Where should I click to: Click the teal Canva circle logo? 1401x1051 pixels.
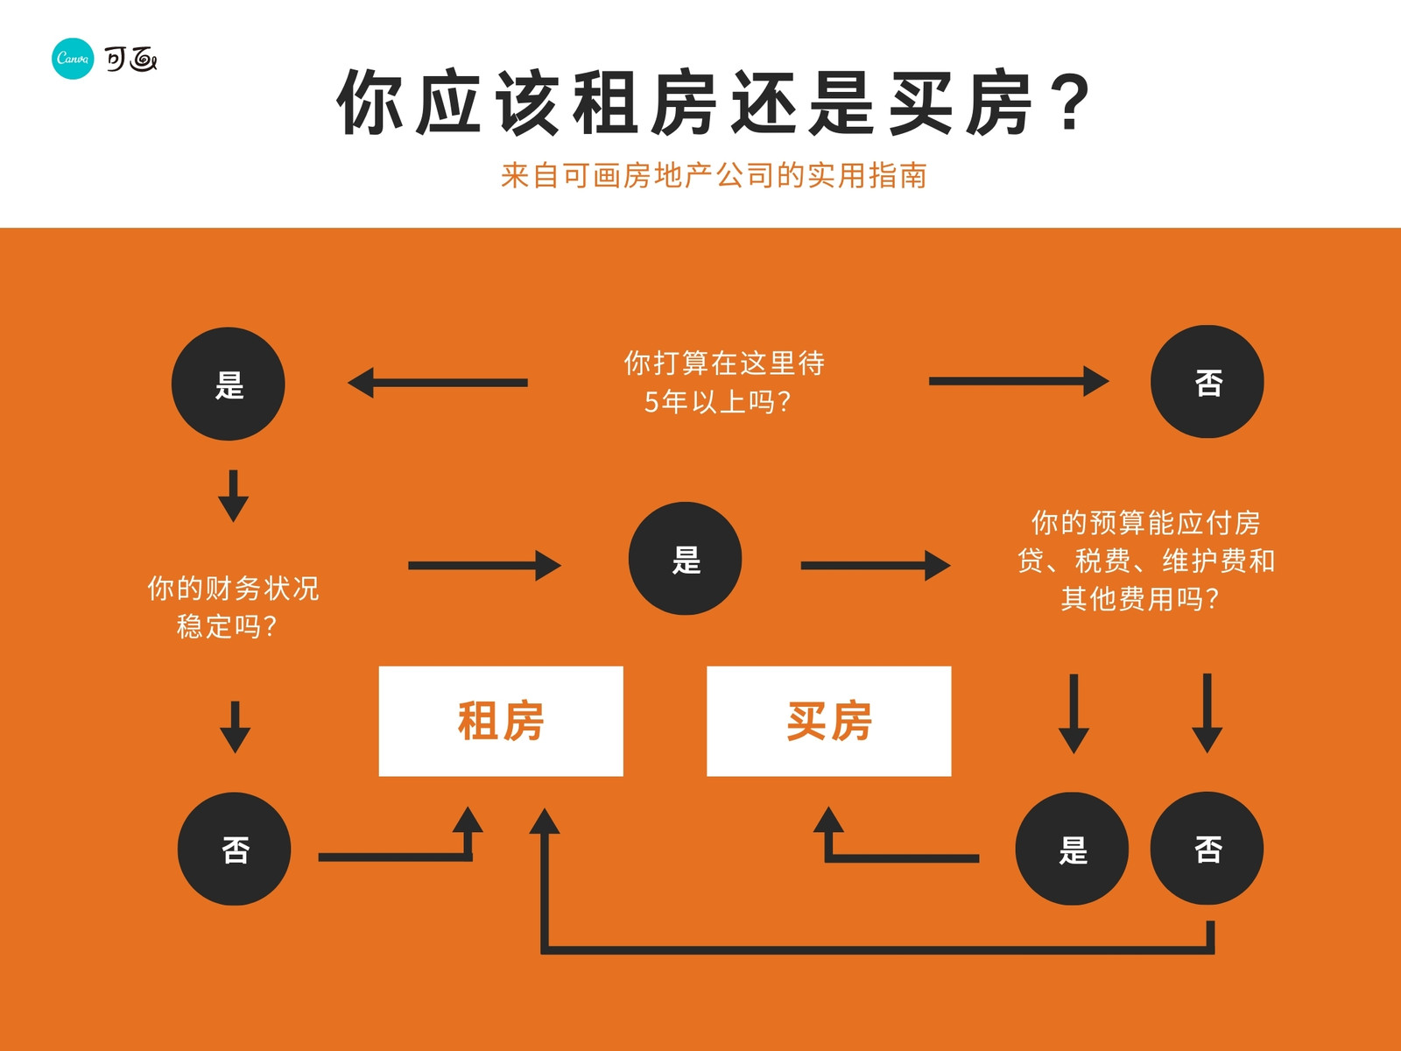(x=73, y=59)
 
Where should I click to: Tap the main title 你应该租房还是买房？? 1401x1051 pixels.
(x=715, y=102)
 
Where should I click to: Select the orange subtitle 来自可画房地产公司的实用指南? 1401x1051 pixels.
(x=714, y=175)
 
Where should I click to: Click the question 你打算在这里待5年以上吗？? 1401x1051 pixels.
(x=723, y=382)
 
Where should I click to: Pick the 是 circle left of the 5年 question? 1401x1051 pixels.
(x=229, y=384)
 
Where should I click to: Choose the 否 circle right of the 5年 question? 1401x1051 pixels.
(x=1207, y=382)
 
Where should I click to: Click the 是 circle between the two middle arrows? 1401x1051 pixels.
(x=685, y=559)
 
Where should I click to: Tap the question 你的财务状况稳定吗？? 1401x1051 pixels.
(x=233, y=607)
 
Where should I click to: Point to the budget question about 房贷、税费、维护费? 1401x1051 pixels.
(x=1145, y=561)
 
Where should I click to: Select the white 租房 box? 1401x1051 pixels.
(x=501, y=721)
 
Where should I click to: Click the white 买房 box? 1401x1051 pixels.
(x=829, y=721)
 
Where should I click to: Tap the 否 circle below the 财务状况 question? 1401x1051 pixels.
(x=235, y=849)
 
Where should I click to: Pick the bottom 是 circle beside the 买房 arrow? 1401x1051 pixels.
(x=1072, y=849)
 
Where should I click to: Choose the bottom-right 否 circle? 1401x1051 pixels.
(x=1207, y=849)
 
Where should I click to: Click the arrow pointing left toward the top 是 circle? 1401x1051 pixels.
(x=437, y=383)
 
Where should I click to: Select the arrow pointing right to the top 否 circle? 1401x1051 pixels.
(x=1018, y=381)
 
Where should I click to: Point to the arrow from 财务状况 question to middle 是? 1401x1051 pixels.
(x=484, y=566)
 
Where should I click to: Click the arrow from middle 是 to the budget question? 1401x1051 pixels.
(x=876, y=566)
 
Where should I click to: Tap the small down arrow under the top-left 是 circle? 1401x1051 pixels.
(x=234, y=496)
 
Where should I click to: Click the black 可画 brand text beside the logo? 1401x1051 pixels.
(x=130, y=60)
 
